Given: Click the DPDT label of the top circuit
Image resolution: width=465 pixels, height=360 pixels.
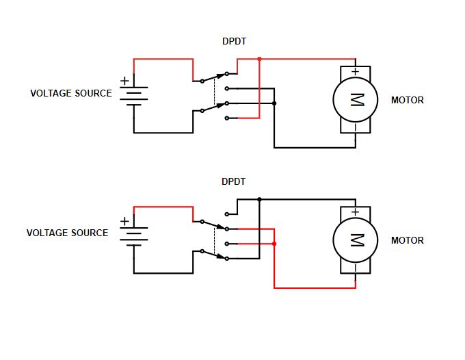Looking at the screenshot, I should (x=234, y=42).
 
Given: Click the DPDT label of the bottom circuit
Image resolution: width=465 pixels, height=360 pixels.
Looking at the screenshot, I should (x=234, y=182).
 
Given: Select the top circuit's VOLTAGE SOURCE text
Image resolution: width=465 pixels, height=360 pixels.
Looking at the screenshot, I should (x=71, y=93).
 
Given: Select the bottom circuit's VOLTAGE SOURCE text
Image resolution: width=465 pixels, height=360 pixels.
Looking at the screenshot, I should (x=67, y=233).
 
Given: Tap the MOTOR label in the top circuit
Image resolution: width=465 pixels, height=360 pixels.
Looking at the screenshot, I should (x=407, y=100).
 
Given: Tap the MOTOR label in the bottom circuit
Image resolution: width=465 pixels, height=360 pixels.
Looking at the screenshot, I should (x=407, y=240).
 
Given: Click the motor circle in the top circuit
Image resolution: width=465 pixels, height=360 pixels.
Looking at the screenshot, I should (x=356, y=100).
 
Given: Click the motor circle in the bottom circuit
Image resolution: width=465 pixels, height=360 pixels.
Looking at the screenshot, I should (x=356, y=240).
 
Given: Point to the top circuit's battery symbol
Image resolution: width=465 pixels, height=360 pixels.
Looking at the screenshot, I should (x=133, y=95).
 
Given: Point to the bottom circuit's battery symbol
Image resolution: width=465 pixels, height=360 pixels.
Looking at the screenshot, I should (x=133, y=235).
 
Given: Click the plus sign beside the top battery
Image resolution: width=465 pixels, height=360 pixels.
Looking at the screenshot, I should (x=124, y=81).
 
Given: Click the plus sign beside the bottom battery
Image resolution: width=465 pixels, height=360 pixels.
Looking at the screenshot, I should (x=124, y=221).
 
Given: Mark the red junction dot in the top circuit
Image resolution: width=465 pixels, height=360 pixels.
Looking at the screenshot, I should (x=259, y=60).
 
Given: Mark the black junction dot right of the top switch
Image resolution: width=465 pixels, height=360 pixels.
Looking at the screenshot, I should (x=274, y=103).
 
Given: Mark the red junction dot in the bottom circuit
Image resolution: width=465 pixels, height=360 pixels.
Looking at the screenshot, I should (x=274, y=244).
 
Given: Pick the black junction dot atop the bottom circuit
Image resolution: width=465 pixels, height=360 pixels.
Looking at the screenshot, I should (x=259, y=200).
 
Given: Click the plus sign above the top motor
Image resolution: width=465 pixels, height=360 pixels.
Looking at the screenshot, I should (x=355, y=72).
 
